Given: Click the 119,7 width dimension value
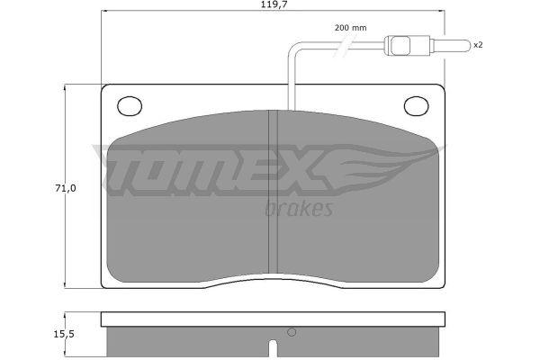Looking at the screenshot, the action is pos(274,4).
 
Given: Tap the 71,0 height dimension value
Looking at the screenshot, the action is pos(65,188).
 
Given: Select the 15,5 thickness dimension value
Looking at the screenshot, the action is pos(65,334).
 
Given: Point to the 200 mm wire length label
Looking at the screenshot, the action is pos(350,28).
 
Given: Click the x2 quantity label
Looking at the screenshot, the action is pos(478,45).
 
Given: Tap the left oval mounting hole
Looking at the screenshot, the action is pos(130,105).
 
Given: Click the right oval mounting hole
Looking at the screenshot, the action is pos(416,105).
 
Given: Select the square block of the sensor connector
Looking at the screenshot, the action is pos(400,45).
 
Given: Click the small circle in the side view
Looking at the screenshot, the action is pos(292,332).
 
